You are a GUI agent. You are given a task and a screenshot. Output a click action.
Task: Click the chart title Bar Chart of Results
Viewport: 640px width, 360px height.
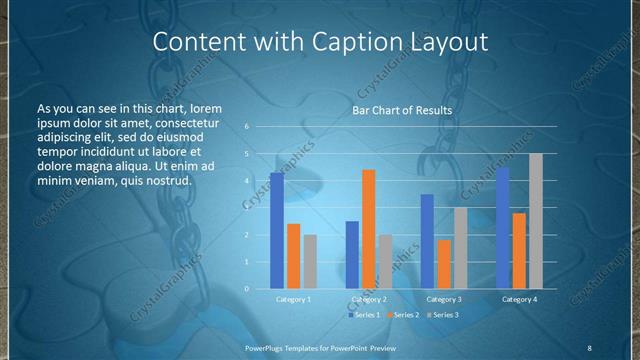point(401,110)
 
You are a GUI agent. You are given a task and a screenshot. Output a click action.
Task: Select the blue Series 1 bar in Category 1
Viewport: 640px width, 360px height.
point(277,231)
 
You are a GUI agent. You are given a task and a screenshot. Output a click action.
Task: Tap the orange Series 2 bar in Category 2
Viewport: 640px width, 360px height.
point(369,229)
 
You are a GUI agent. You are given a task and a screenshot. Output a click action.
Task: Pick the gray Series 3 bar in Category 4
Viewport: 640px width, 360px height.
point(536,221)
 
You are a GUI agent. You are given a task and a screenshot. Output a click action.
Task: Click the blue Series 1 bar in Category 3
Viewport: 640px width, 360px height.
point(427,241)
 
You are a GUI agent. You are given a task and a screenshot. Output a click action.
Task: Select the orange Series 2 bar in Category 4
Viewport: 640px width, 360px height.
point(519,250)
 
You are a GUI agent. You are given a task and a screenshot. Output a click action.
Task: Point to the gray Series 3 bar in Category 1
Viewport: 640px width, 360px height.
point(310,262)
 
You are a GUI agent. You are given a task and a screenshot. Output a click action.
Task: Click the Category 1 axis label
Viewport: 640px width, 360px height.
point(293,299)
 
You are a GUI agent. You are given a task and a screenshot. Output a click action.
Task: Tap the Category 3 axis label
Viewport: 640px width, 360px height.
point(444,299)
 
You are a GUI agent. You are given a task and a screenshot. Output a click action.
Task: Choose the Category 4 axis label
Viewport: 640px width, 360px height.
point(519,299)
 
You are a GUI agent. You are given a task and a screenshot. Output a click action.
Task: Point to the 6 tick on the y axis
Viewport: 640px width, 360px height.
point(247,127)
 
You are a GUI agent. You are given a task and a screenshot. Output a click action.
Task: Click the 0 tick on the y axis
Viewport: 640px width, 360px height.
point(247,289)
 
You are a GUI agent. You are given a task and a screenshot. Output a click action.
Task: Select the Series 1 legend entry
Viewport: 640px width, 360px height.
point(366,315)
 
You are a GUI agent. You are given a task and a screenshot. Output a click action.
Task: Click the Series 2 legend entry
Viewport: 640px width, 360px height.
point(404,315)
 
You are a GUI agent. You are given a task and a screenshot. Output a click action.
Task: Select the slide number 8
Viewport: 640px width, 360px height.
point(589,347)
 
